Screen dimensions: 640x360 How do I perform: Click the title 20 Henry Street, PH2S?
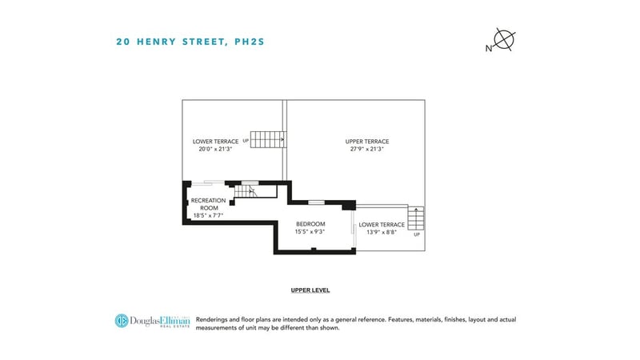pos(190,42)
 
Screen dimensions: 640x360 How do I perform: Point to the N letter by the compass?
pos(489,49)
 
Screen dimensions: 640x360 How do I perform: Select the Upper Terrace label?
pos(367,142)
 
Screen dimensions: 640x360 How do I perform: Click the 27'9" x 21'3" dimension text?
pos(367,149)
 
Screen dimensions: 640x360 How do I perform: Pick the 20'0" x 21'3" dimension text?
pos(215,149)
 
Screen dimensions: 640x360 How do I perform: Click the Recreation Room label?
pos(208,204)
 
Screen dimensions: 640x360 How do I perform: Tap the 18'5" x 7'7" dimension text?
pos(208,215)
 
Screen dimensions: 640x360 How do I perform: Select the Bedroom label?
pos(310,224)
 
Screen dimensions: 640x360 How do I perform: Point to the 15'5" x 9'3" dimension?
pos(310,231)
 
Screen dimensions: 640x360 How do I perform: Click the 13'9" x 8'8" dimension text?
pos(382,232)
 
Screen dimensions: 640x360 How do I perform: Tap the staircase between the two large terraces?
pos(268,139)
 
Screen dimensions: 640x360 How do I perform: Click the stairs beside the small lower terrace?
pos(416,218)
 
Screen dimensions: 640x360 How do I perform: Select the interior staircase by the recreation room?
pos(246,191)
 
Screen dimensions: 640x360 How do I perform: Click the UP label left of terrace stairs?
pos(246,141)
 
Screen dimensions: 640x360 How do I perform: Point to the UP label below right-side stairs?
pos(417,234)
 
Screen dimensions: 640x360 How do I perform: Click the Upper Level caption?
pos(310,290)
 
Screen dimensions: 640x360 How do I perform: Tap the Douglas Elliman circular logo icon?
pos(122,321)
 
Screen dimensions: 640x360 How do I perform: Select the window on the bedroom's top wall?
pos(316,202)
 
